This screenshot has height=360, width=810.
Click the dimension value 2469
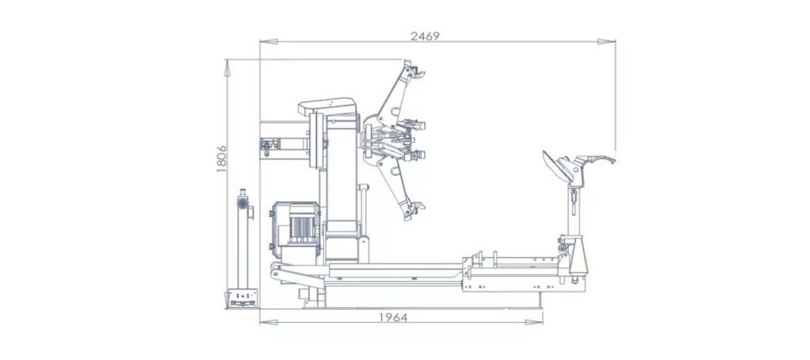click(425, 36)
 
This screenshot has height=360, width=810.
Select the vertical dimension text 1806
click(221, 158)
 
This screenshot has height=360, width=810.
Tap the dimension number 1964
click(393, 317)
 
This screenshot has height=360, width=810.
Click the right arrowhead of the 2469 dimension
click(607, 41)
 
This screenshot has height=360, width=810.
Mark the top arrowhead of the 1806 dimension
click(227, 68)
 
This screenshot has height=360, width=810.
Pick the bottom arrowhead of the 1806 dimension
click(227, 300)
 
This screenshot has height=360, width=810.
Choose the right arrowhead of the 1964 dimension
click(534, 322)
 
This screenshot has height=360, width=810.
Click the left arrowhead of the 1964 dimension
click(269, 322)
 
